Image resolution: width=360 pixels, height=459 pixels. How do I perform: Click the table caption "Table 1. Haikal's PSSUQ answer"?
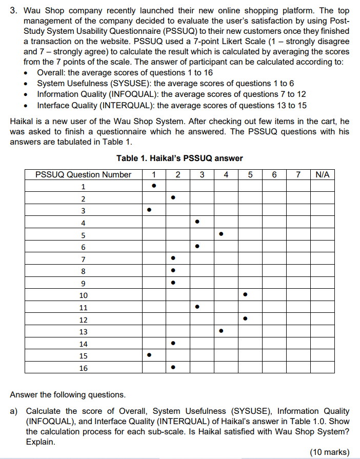[x=179, y=158]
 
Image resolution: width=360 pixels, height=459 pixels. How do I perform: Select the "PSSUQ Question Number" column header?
[x=83, y=174]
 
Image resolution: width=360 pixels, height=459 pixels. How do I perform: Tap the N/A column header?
[x=322, y=174]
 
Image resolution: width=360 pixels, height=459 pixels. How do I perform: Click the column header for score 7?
[x=298, y=174]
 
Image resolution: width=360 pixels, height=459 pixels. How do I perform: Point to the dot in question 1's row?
[x=153, y=186]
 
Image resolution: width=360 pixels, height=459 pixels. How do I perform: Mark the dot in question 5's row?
[x=221, y=234]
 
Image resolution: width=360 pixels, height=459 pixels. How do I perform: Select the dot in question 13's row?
[x=221, y=331]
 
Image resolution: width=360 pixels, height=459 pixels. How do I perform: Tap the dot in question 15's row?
[x=149, y=355]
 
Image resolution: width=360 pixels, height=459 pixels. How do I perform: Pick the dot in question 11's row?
[x=197, y=307]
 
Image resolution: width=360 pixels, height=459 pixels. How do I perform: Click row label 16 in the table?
[x=83, y=368]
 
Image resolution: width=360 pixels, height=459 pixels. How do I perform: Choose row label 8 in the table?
[x=83, y=271]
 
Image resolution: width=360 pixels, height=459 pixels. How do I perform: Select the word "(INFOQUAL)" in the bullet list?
[x=131, y=94]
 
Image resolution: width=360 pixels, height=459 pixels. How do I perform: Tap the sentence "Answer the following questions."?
[x=67, y=394]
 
